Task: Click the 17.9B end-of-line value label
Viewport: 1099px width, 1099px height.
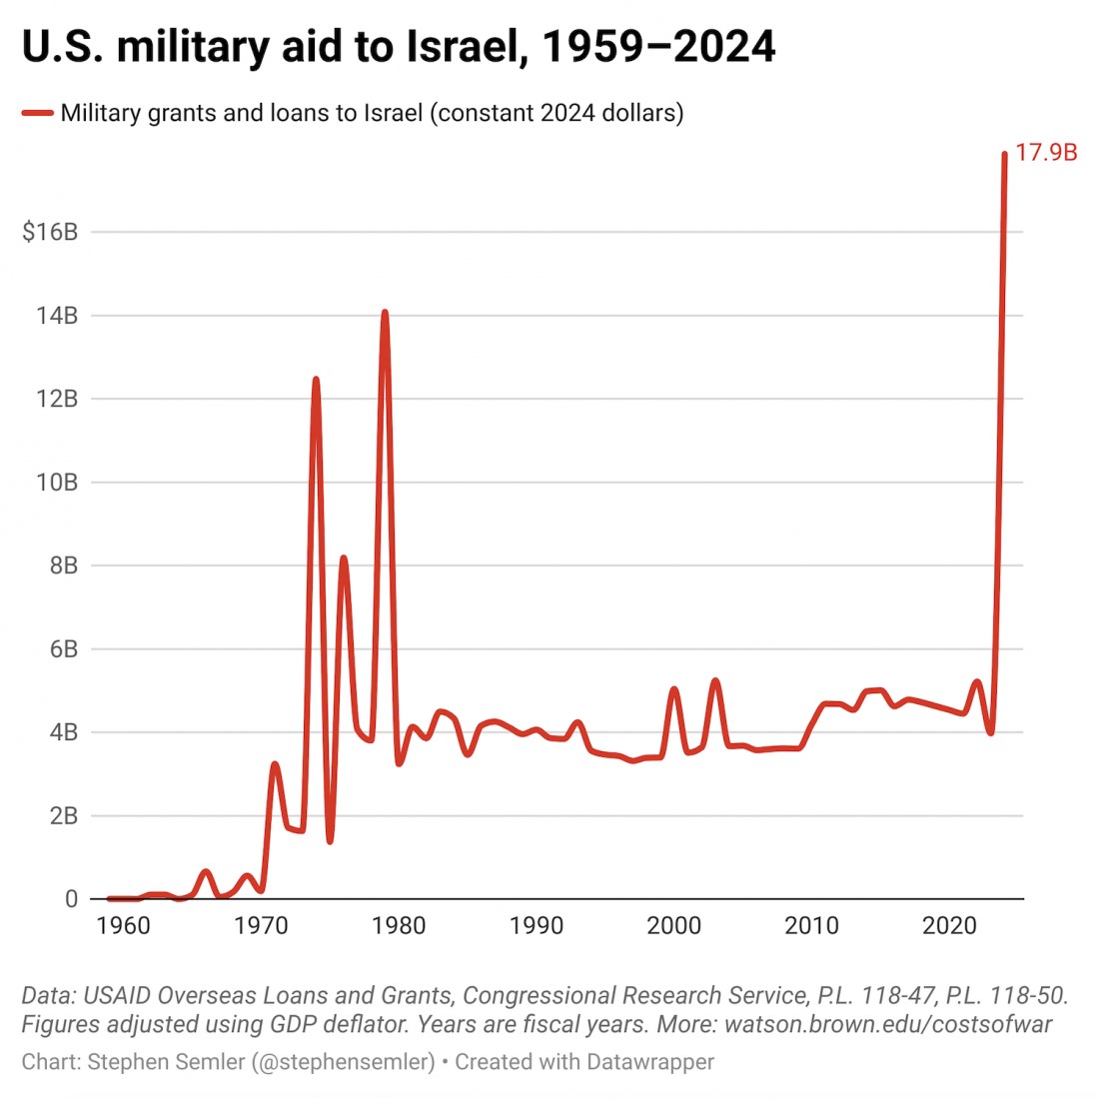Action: [1046, 153]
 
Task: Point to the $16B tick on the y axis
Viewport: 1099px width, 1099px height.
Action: [50, 232]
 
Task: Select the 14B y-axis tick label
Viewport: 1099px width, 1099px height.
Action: [56, 316]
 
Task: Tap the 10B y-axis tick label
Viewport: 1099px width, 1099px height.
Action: [56, 483]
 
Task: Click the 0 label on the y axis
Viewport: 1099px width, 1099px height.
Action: [71, 899]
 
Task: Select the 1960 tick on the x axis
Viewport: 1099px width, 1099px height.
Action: [124, 925]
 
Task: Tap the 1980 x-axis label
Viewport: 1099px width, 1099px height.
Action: [399, 925]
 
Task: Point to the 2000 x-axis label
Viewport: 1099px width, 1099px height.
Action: [674, 925]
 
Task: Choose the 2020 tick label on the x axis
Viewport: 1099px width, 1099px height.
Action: [949, 925]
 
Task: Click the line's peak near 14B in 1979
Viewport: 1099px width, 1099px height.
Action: [385, 313]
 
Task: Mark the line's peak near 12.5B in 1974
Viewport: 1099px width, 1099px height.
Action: [316, 380]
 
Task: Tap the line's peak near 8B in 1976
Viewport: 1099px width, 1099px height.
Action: [344, 558]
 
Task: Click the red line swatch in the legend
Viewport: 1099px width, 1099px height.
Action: [37, 113]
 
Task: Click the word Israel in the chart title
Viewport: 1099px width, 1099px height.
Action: [465, 46]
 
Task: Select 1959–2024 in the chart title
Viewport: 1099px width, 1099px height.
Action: [658, 46]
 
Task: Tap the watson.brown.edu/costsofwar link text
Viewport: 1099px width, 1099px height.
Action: [888, 1024]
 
